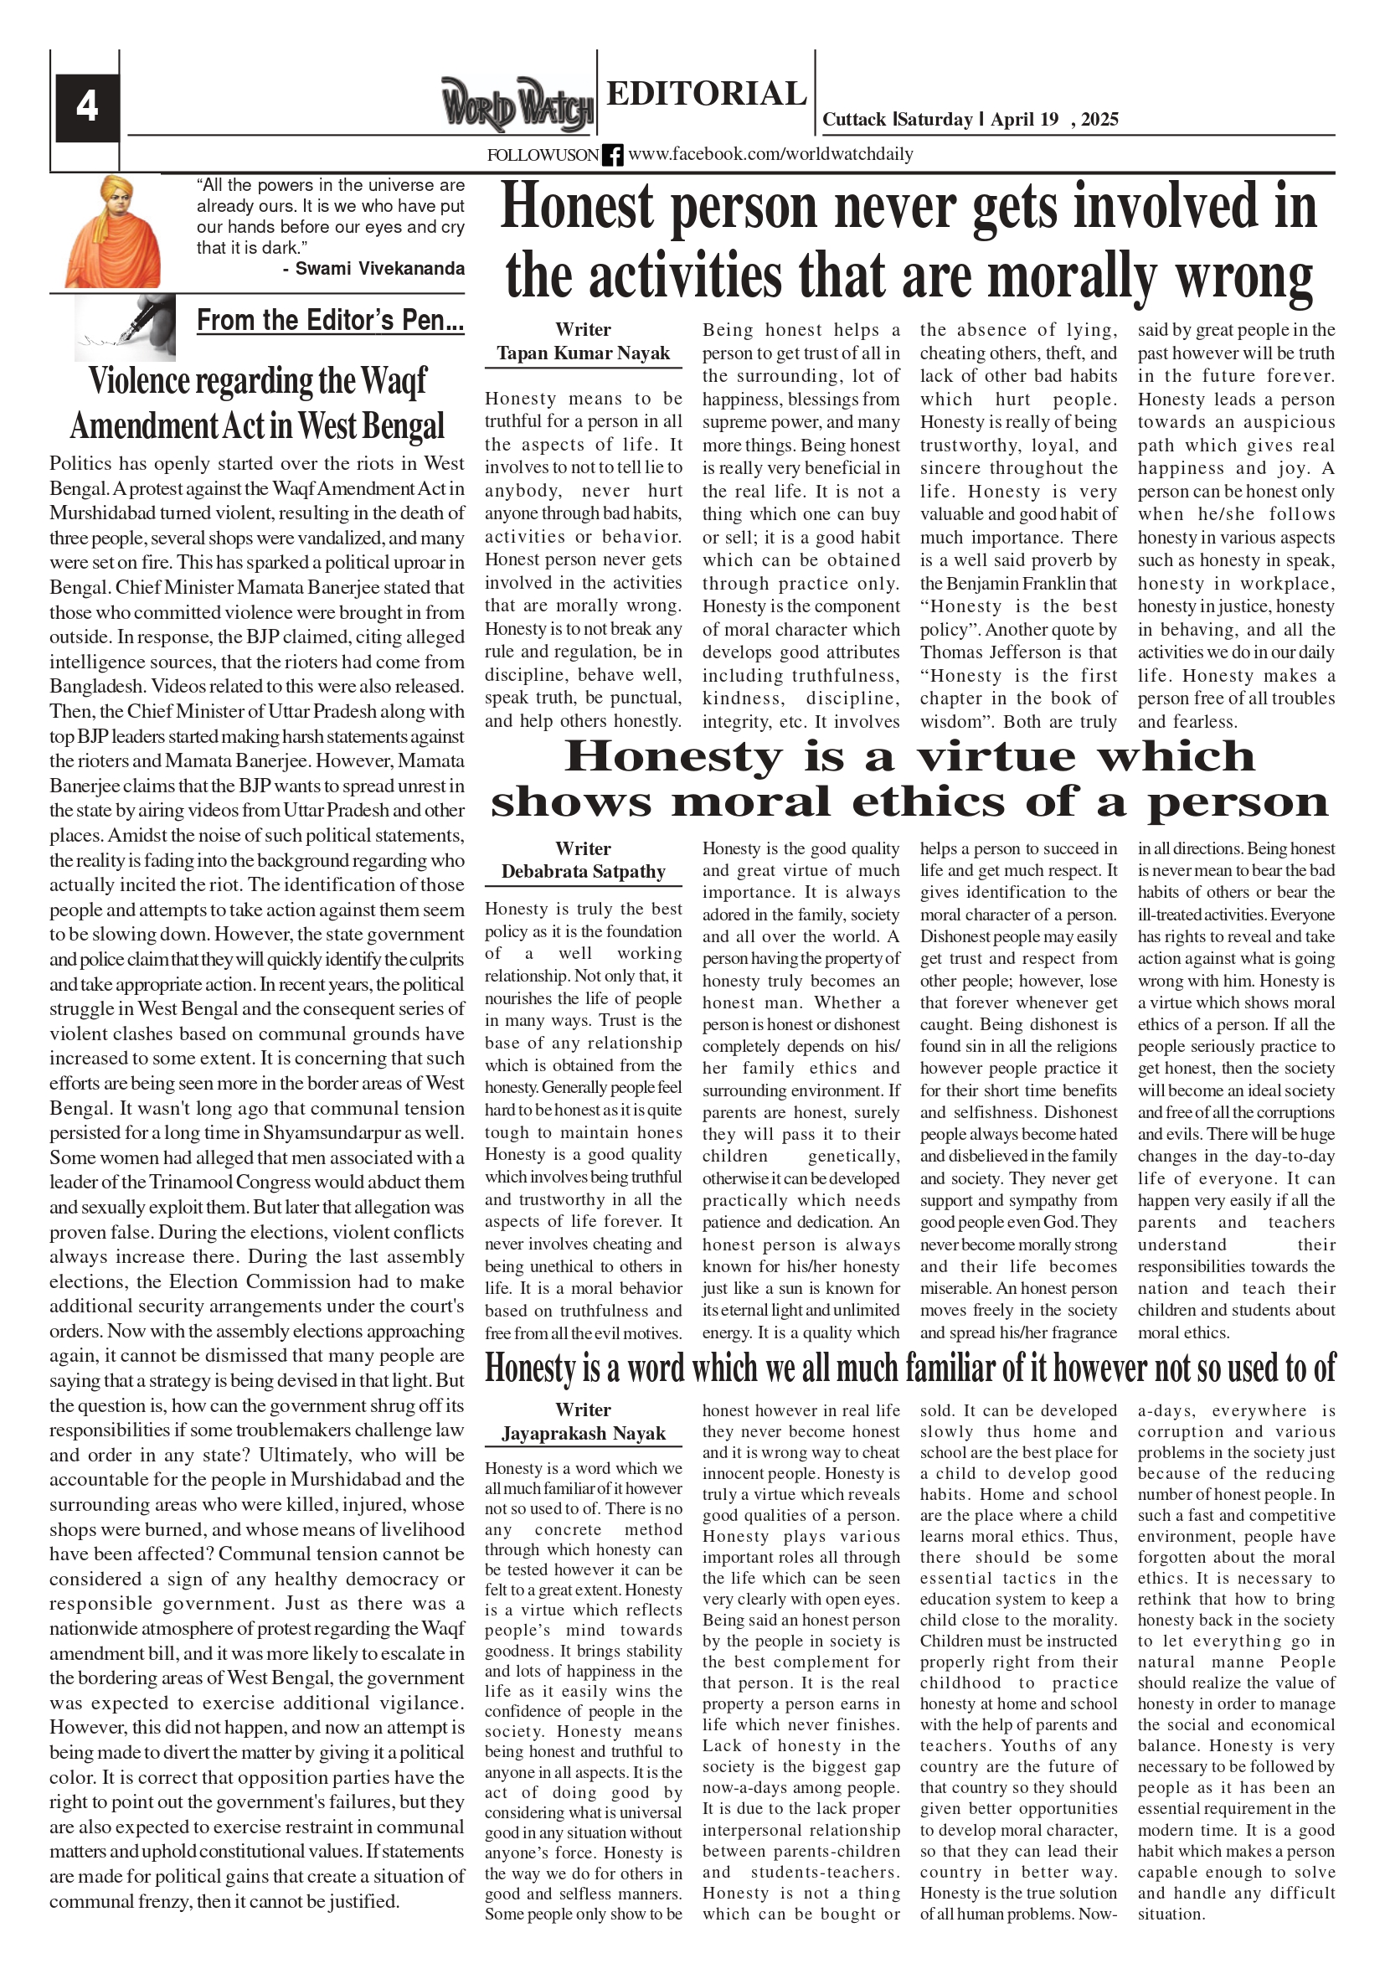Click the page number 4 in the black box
point(86,107)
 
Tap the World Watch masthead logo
point(517,106)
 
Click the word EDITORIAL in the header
point(706,93)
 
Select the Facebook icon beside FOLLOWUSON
point(613,155)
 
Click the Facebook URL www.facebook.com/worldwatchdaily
point(770,154)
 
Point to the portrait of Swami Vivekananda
point(112,231)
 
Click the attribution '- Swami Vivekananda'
point(373,268)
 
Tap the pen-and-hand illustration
point(125,327)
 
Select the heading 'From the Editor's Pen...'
point(330,321)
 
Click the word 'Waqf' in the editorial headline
point(393,380)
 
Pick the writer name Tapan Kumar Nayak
point(583,353)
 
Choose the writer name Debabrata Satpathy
point(583,872)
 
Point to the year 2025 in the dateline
point(1099,120)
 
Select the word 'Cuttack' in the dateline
point(854,120)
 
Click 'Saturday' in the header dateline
point(935,120)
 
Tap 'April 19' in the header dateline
point(1024,120)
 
